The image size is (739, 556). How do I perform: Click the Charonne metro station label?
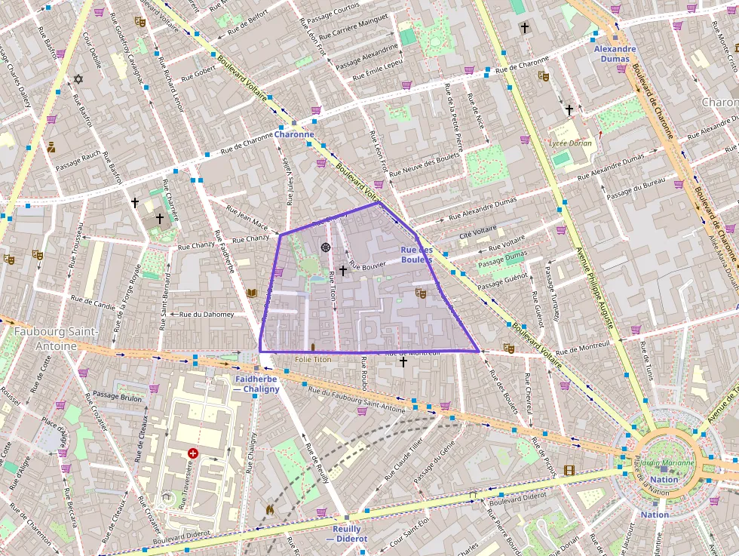[294, 134]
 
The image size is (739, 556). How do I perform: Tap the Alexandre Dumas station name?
[615, 54]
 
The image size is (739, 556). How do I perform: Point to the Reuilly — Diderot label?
[348, 534]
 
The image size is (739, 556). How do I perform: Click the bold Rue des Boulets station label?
[417, 254]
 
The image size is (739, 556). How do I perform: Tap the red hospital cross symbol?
[193, 453]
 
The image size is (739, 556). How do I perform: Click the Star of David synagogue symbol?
[77, 79]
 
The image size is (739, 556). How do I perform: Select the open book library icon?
[251, 293]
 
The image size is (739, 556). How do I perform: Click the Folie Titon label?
[312, 360]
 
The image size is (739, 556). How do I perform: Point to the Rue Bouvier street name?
[367, 265]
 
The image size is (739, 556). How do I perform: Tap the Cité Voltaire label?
[478, 233]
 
